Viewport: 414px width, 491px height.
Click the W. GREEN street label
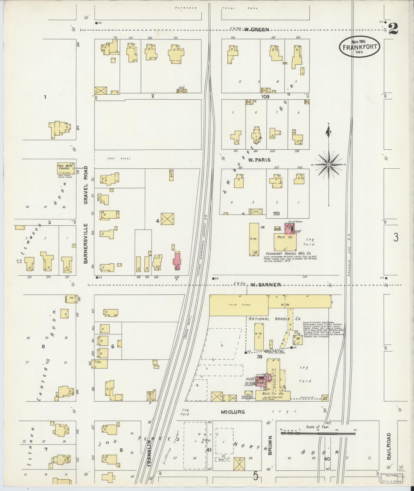point(256,30)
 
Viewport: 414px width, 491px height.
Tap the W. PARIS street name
point(259,160)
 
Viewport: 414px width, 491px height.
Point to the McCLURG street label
point(233,412)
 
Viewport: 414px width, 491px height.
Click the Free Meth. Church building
point(64,169)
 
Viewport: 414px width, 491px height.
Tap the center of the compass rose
point(329,164)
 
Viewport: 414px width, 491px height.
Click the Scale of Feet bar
point(318,433)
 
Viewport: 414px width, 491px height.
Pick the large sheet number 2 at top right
point(393,29)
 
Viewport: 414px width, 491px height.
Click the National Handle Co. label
point(275,319)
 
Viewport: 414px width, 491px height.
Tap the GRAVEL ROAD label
point(86,185)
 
